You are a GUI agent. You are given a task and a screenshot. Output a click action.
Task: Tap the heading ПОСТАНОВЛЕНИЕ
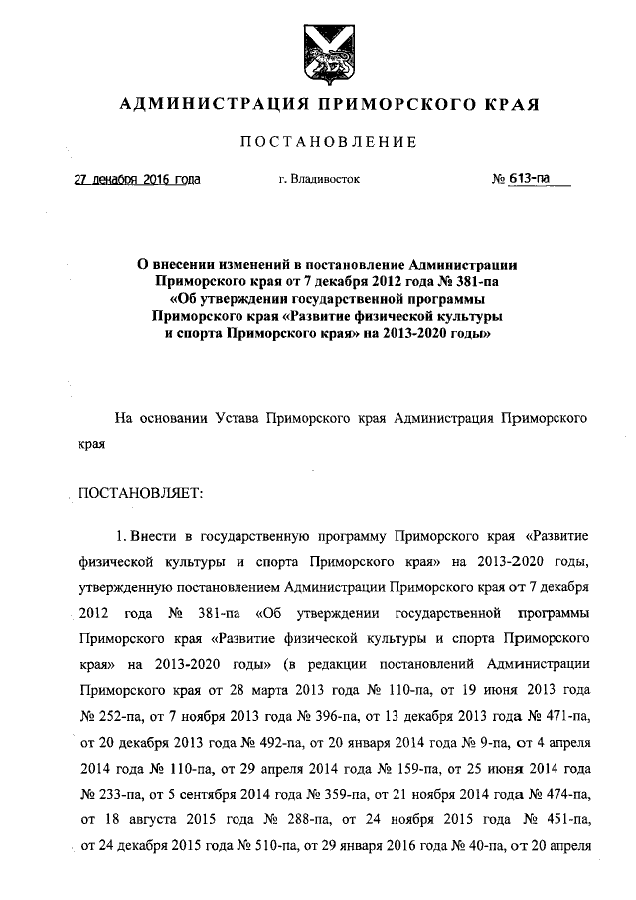[x=329, y=142]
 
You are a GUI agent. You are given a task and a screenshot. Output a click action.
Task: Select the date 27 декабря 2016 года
[x=137, y=180]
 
